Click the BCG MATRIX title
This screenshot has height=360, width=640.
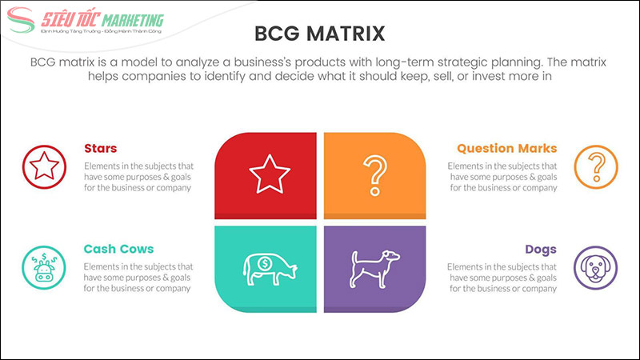(319, 33)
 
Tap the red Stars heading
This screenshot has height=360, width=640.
(101, 149)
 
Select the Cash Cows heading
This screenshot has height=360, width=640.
(118, 249)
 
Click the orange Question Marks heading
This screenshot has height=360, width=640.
(506, 149)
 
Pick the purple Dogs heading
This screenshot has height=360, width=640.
(541, 249)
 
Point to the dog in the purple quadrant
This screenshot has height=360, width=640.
(373, 267)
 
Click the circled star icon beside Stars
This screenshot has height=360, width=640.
(43, 168)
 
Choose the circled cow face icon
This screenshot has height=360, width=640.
(43, 268)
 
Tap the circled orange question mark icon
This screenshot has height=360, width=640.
(596, 168)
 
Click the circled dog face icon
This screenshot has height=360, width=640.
(596, 268)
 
